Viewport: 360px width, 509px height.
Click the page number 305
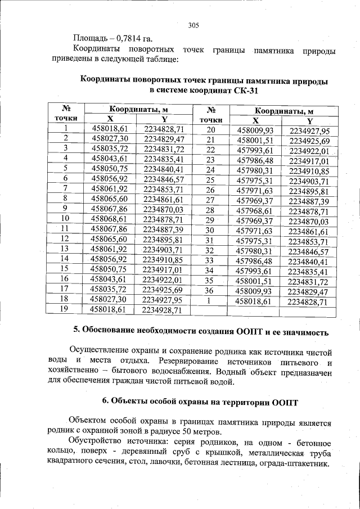pos(194,25)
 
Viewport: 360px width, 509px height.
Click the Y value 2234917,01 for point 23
pos(308,160)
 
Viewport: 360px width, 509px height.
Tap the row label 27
pos(211,201)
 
